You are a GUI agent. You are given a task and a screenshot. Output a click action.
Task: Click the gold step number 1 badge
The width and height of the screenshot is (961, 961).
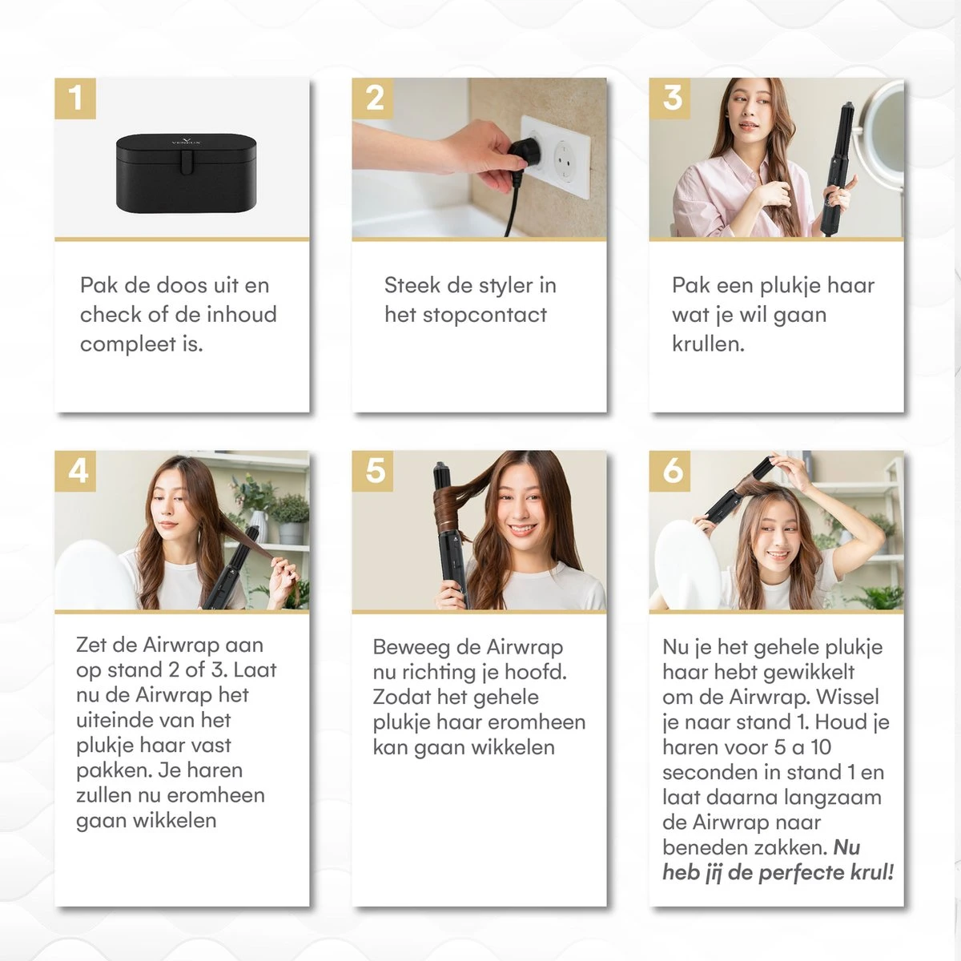click(75, 99)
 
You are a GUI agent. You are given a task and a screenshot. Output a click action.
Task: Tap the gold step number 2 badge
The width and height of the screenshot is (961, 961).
click(373, 99)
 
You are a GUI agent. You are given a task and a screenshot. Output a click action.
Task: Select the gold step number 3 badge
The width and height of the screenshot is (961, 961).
click(670, 99)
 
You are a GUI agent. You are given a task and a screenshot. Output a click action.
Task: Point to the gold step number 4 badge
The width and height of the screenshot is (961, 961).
click(75, 471)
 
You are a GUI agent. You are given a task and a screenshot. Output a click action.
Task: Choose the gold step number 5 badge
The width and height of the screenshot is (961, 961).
click(373, 471)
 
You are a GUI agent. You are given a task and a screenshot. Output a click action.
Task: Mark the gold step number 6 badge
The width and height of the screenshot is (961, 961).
click(670, 471)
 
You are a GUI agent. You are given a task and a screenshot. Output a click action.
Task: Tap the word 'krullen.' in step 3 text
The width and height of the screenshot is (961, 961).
click(708, 344)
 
